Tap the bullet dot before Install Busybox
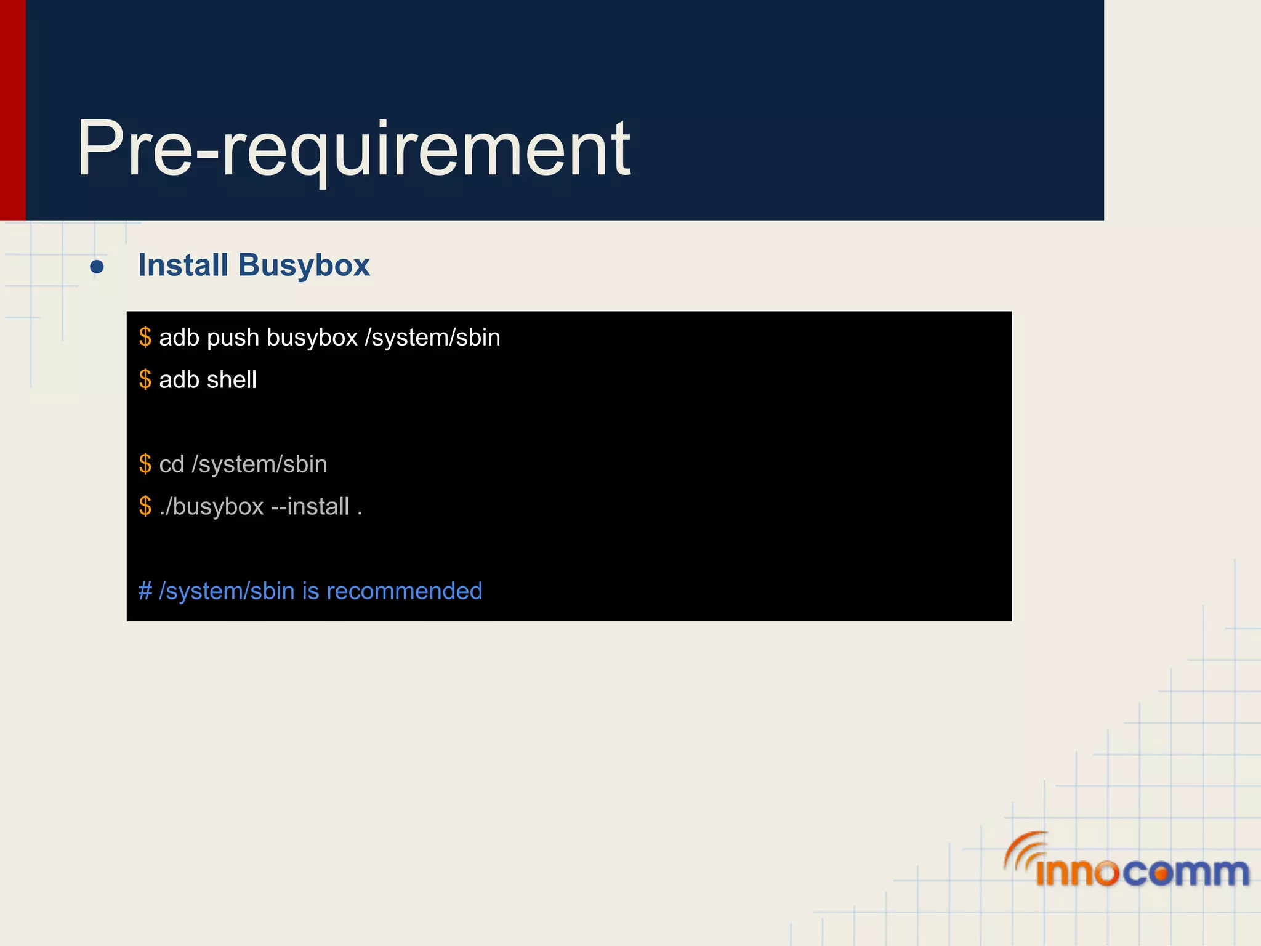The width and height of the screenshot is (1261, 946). (97, 267)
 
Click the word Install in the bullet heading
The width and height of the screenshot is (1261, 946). (183, 265)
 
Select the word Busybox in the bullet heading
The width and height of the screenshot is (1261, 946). (304, 265)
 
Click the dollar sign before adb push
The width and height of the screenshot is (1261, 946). (145, 338)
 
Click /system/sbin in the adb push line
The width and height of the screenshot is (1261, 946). (432, 338)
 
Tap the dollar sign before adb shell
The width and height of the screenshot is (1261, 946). (145, 379)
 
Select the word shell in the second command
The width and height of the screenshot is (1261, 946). (232, 379)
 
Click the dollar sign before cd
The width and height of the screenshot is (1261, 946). (145, 464)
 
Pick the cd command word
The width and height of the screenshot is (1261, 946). (171, 464)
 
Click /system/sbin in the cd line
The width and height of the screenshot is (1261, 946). (259, 464)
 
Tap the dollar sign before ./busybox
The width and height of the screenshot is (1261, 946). (145, 506)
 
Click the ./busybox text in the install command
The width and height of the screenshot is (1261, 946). (212, 506)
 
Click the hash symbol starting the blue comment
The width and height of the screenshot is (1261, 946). (145, 591)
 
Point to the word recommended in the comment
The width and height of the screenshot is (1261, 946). (404, 591)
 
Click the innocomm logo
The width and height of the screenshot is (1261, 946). (1127, 862)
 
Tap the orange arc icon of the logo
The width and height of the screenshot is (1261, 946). (1023, 848)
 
